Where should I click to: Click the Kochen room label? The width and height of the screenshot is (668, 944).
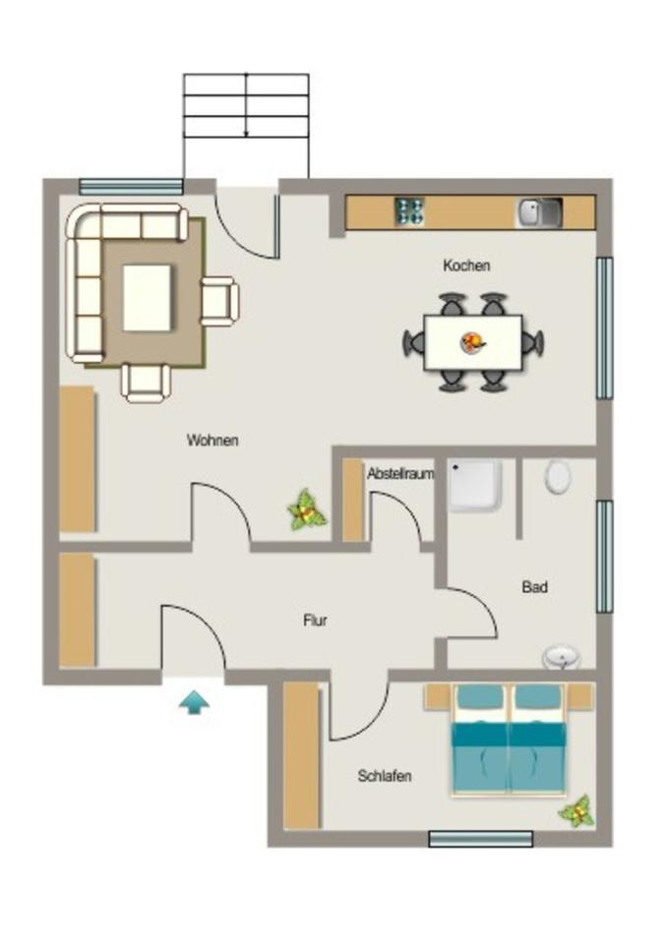pos(466,265)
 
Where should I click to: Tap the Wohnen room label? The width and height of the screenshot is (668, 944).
pos(213,441)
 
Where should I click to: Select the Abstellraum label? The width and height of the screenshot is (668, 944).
pos(400,474)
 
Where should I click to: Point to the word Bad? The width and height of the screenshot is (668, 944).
pos(534,587)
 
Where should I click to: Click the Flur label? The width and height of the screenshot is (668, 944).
pos(315,620)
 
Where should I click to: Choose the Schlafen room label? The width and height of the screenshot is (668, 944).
pos(384,776)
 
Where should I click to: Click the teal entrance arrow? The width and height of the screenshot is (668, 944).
pos(194,702)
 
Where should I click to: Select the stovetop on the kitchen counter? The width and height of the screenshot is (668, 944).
pos(409,211)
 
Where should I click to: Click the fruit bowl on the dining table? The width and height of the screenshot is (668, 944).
pos(473,342)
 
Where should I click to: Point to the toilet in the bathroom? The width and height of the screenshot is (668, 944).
pos(558,477)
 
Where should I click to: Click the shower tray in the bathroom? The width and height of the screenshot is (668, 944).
pos(476,486)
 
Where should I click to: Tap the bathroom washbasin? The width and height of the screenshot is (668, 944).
pos(561,657)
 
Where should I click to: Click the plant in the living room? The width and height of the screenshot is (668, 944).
pos(307,511)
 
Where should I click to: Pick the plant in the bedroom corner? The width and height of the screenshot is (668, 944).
pos(577,811)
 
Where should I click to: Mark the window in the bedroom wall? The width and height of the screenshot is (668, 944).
pos(480,839)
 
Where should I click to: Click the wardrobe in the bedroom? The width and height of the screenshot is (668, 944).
pos(301,755)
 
